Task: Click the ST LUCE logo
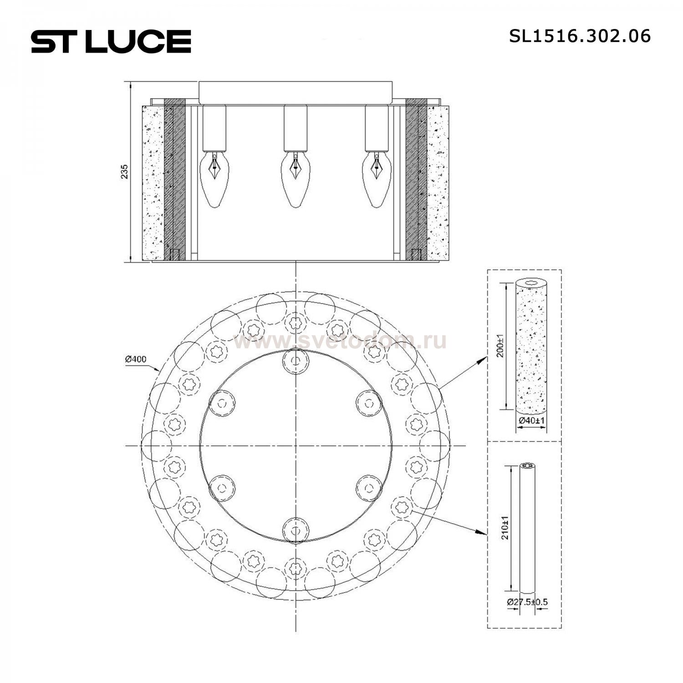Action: (111, 41)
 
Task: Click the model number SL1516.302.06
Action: (580, 36)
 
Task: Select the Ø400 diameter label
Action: (136, 359)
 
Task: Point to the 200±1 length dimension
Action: (500, 346)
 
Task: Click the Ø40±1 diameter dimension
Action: (531, 421)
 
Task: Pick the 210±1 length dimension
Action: (505, 527)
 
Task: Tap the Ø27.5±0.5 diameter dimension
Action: (527, 602)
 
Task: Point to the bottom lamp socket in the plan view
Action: (296, 530)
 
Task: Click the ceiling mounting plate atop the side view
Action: (295, 92)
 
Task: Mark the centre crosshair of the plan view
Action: (296, 446)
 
